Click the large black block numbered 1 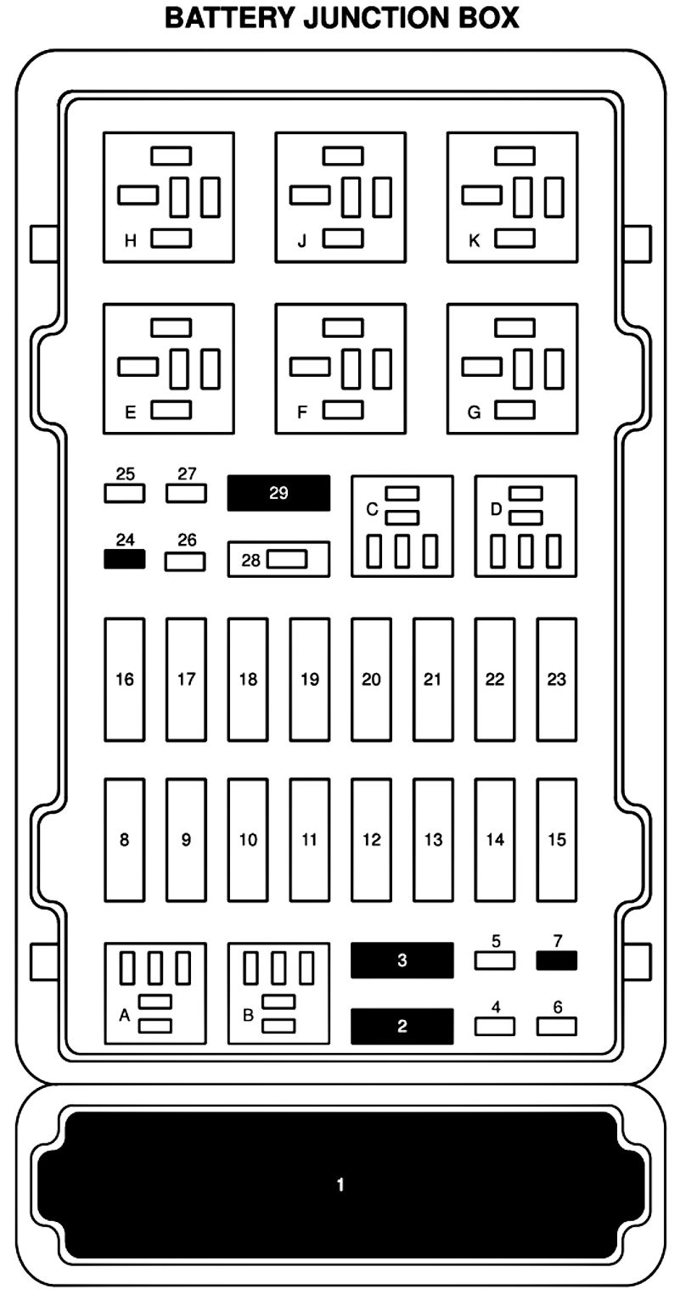click(x=340, y=1184)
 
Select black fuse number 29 click(x=278, y=493)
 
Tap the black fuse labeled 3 click(x=402, y=961)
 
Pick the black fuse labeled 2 click(x=402, y=1026)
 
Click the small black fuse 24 click(x=124, y=559)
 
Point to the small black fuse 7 click(x=556, y=961)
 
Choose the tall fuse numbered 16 click(x=125, y=679)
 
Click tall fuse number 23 click(x=556, y=679)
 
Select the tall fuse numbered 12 click(x=371, y=839)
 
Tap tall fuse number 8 click(x=125, y=839)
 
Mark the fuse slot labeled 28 click(x=278, y=559)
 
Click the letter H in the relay click(x=131, y=241)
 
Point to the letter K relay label click(x=475, y=241)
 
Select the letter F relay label click(x=302, y=413)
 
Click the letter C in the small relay click(x=372, y=509)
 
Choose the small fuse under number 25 click(x=124, y=493)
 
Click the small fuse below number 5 click(x=495, y=961)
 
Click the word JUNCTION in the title click(x=352, y=18)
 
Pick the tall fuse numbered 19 click(x=309, y=679)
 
